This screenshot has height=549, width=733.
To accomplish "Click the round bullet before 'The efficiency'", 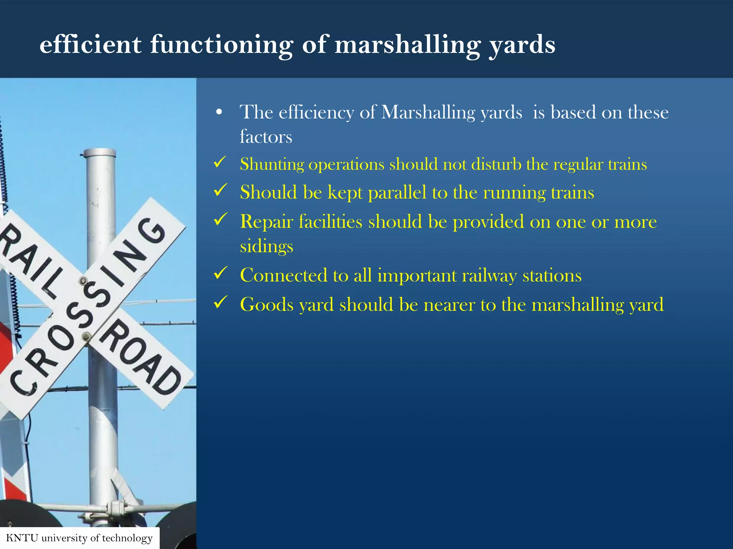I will coord(219,113).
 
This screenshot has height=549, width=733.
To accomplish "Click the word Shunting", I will coord(272,165).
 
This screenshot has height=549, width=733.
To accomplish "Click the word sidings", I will coord(266,247).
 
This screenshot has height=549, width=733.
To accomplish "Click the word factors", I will coord(266,137).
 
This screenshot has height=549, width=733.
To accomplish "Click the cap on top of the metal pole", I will coord(100,153).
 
